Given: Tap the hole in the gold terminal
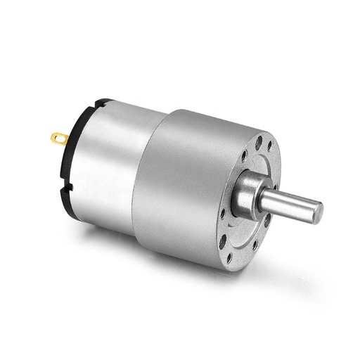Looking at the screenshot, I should pos(56,136).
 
